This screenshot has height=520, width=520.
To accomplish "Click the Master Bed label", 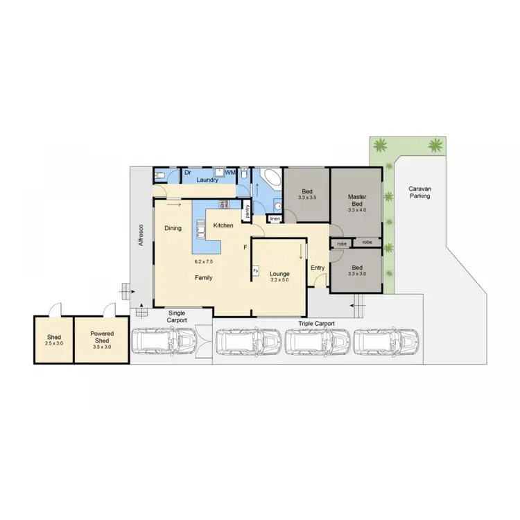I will coord(356,201).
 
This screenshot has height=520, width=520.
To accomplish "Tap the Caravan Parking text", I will coord(419,192).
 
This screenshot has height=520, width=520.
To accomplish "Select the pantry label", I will coord(245,212).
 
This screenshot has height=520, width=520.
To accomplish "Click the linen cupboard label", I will coord(275,219).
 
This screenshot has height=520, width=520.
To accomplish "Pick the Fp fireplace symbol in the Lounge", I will coord(255,270).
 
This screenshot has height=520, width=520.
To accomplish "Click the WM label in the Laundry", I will coord(230,171).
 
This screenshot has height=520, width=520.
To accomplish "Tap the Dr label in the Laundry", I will coord(188,171).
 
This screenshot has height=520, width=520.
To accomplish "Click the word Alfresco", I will coord(141,235).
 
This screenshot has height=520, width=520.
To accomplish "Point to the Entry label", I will coord(318,268).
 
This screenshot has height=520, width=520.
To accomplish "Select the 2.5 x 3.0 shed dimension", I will coord(53,344).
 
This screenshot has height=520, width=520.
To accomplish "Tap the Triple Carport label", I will coord(316,323).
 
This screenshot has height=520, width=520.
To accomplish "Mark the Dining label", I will coord(173,227).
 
